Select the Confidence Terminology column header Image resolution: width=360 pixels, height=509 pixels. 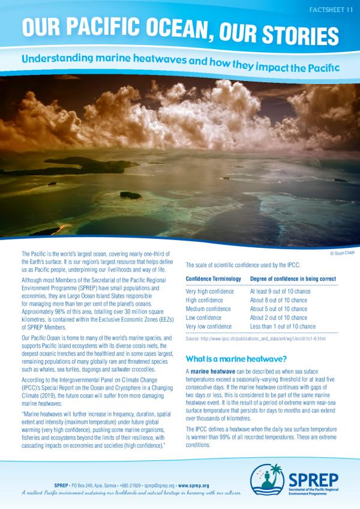click(x=214, y=279)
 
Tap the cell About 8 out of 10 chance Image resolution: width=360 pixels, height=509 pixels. click(x=280, y=300)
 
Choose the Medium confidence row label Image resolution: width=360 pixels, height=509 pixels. click(x=209, y=309)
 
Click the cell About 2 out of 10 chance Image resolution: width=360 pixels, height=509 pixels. click(x=280, y=318)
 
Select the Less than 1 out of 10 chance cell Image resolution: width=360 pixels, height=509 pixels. click(x=283, y=327)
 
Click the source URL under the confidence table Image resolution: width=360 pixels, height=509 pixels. click(x=256, y=339)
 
